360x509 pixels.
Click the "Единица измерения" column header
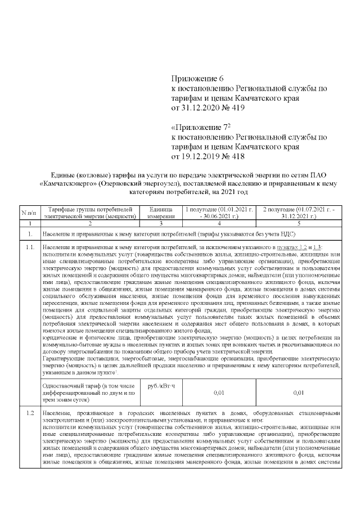click(160, 213)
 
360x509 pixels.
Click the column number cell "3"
click(160, 223)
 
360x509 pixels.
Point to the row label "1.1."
click(30, 247)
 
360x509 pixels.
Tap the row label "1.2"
click(29, 414)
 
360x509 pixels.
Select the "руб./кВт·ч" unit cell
click(160, 386)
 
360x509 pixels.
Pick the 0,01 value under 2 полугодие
click(299, 393)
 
